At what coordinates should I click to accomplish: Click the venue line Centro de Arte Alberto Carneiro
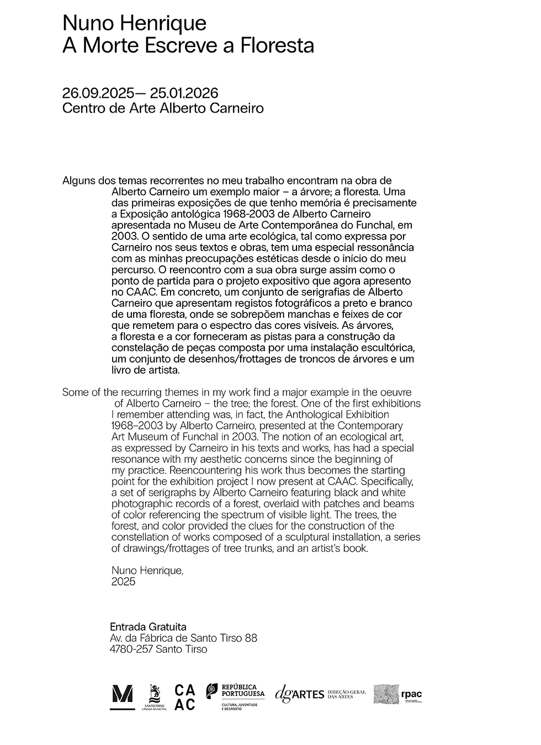click(x=163, y=108)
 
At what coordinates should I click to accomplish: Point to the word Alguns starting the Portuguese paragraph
click(x=78, y=181)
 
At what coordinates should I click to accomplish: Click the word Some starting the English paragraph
click(x=75, y=392)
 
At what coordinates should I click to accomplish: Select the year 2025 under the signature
click(x=123, y=582)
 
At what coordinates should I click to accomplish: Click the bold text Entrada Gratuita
click(x=148, y=627)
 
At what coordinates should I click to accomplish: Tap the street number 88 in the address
click(x=251, y=638)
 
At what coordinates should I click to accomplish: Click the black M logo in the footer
click(x=122, y=696)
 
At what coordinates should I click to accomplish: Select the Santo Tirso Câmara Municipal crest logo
click(x=155, y=697)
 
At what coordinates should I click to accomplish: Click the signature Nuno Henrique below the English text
click(x=147, y=571)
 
